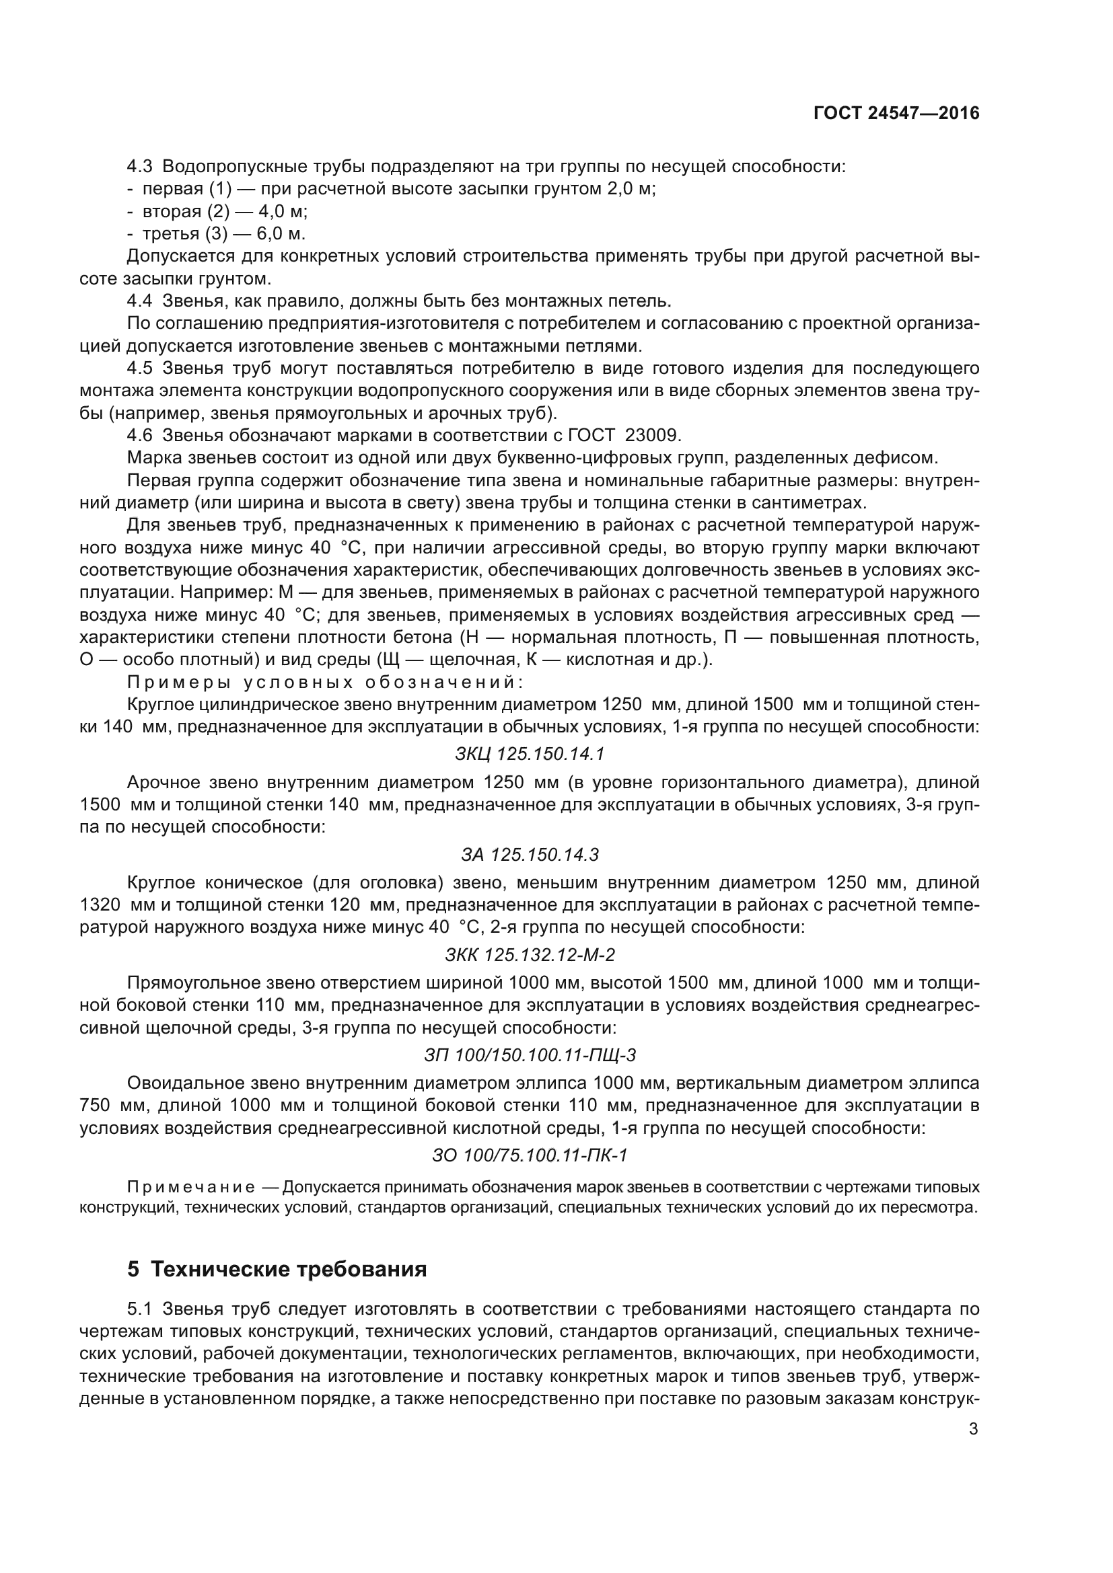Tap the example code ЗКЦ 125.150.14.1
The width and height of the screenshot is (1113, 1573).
[530, 755]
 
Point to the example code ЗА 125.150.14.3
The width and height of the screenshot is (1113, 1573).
[530, 854]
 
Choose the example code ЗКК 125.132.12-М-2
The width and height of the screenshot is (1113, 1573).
[530, 955]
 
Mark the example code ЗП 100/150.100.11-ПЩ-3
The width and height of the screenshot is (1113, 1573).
[530, 1055]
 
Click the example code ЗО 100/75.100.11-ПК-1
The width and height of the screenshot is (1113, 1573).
[530, 1156]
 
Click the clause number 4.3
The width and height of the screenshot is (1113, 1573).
[140, 167]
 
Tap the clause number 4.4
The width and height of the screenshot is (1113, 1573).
[140, 301]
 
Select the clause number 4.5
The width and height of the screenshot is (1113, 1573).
[140, 368]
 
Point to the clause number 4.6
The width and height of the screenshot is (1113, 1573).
[140, 435]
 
